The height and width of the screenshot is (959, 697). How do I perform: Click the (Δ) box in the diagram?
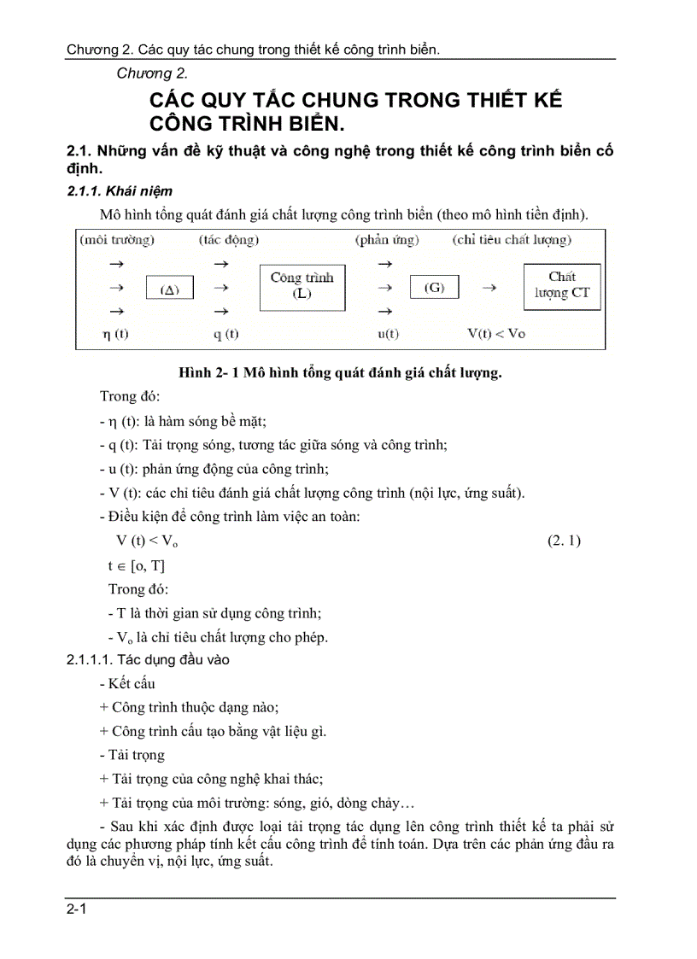[169, 289]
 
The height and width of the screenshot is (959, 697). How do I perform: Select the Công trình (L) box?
[302, 287]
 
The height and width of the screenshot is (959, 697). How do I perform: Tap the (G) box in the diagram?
[435, 288]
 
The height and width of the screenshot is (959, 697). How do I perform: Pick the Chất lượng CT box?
[562, 286]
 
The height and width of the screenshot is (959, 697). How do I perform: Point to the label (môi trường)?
[117, 240]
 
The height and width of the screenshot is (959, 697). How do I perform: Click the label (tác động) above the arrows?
[229, 240]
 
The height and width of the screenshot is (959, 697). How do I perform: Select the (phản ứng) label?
[387, 240]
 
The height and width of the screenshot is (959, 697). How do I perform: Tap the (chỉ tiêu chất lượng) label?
[512, 240]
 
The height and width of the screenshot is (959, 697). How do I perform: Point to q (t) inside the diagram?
[225, 334]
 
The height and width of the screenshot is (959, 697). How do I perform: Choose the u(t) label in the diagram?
[388, 334]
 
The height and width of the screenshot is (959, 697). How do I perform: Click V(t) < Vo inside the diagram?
[496, 334]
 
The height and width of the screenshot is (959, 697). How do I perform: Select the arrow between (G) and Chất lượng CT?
[489, 288]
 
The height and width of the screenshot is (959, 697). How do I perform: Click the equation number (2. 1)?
[564, 541]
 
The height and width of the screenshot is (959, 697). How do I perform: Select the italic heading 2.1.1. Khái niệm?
[120, 191]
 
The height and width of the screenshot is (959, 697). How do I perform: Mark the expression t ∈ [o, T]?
[137, 565]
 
